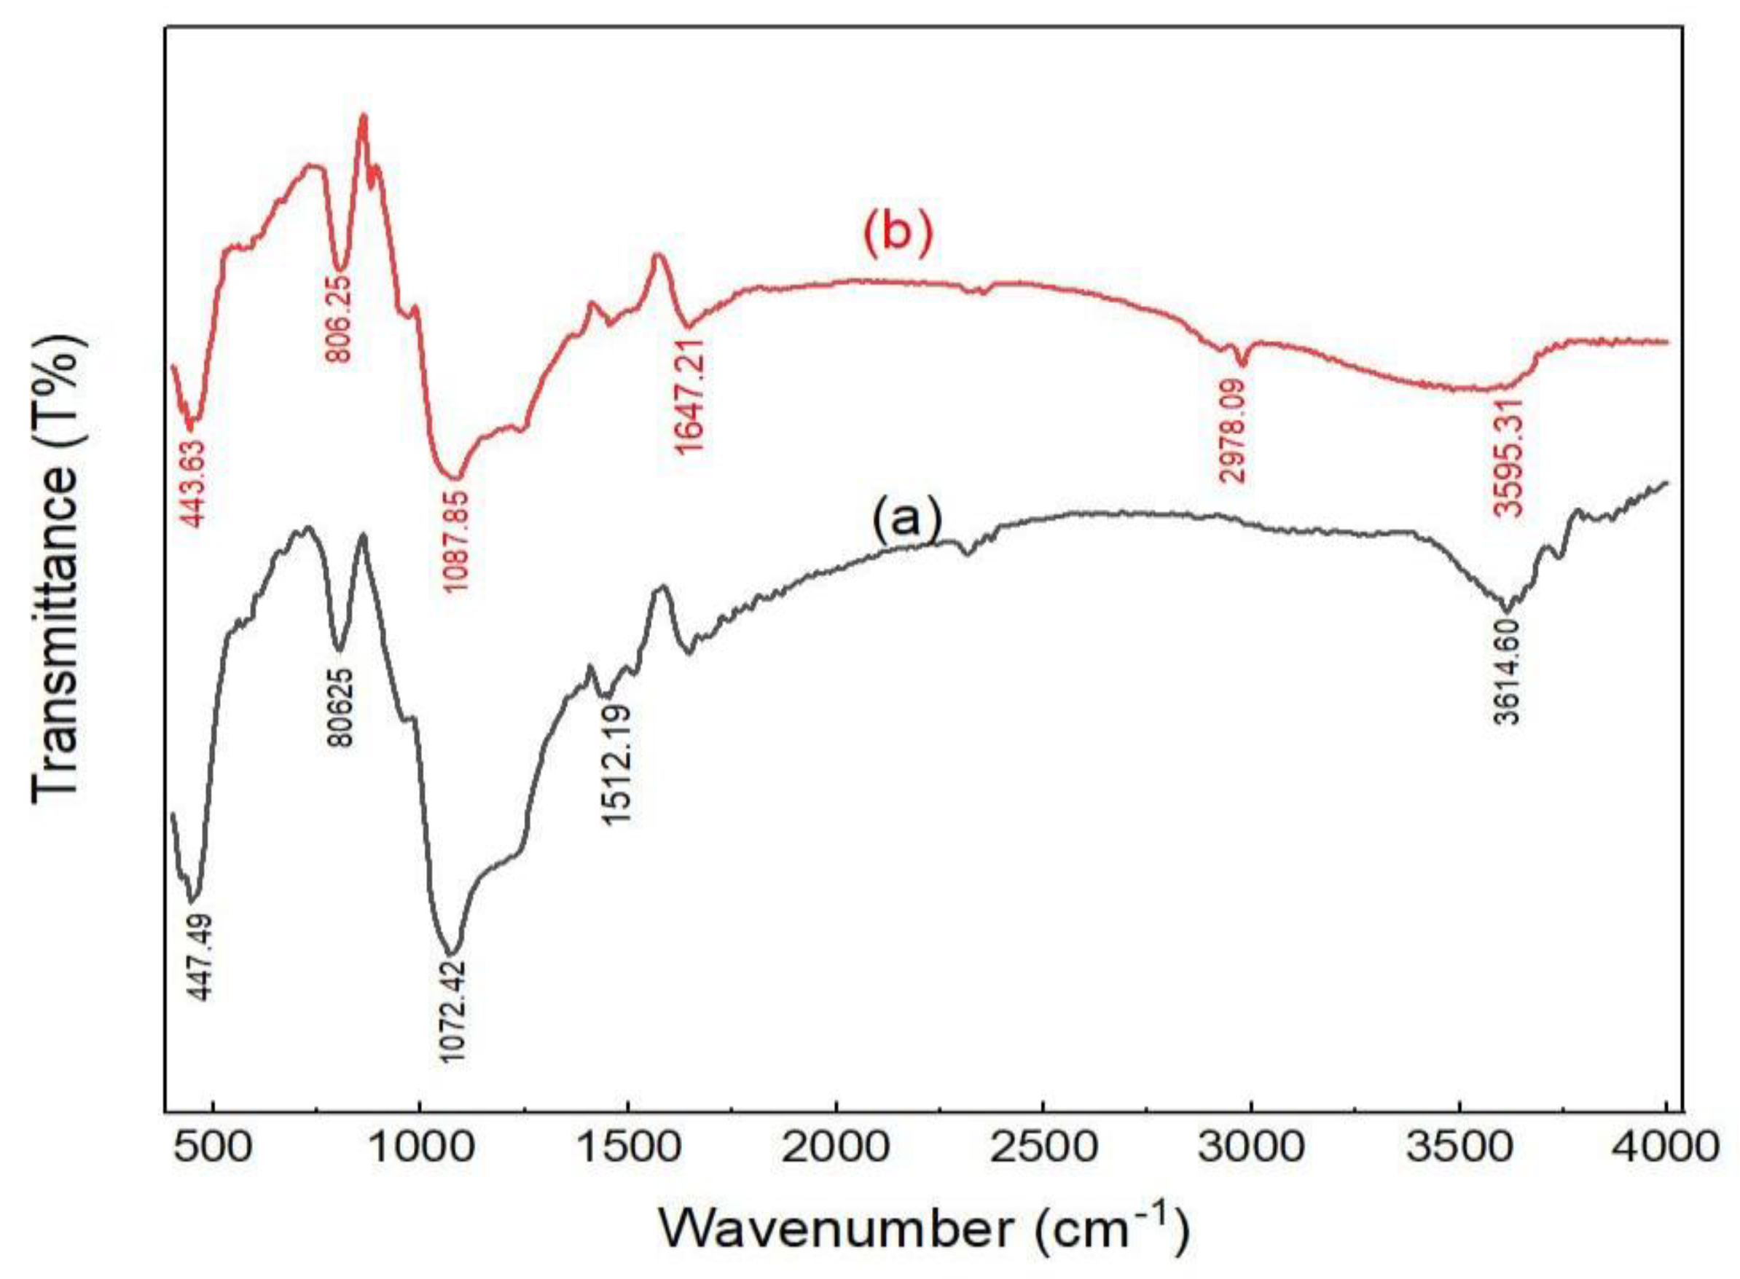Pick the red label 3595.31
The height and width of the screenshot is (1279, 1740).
[1507, 457]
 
